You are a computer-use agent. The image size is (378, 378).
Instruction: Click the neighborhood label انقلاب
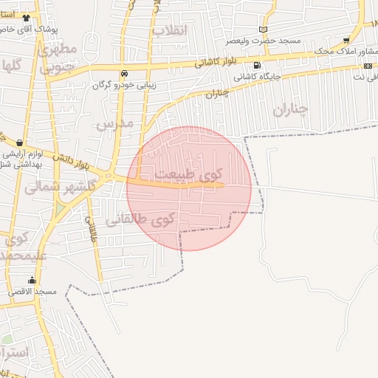[x=171, y=30]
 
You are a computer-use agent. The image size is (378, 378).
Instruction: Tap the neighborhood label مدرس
[x=115, y=124]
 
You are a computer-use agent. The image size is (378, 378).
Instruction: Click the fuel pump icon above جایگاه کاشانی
[x=256, y=65]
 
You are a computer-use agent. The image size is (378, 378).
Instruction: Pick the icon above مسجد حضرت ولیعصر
[x=263, y=30]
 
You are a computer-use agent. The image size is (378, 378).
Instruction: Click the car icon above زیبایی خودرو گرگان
[x=125, y=73]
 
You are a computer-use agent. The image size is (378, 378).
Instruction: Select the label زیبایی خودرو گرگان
[x=124, y=84]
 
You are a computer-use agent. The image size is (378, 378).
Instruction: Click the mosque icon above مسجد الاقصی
[x=32, y=281]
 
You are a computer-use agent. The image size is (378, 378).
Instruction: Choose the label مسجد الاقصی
[x=32, y=292]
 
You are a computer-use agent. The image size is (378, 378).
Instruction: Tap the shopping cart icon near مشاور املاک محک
[x=346, y=40]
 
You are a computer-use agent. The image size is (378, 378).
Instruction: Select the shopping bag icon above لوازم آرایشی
[x=18, y=142]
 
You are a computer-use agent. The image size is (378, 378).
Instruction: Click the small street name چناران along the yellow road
[x=214, y=94]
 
